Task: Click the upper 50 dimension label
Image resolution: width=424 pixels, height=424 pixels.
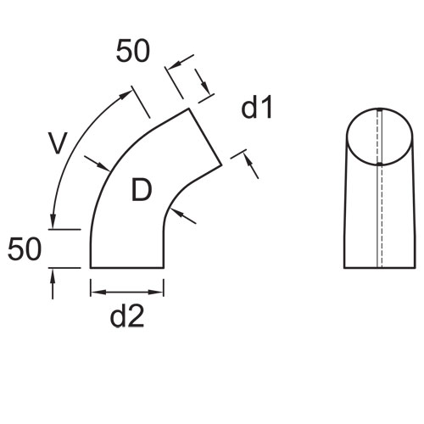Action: (133, 51)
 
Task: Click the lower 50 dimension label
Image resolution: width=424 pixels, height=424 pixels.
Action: (25, 249)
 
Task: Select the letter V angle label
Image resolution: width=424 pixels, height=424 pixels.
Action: (58, 142)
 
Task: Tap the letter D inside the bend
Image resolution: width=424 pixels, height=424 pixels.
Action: (142, 190)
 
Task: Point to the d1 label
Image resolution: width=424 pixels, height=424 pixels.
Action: (257, 108)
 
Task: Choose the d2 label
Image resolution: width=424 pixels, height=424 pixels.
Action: (127, 316)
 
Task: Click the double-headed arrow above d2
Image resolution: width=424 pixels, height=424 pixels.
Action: (127, 292)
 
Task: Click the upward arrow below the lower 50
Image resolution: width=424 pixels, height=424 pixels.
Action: (53, 284)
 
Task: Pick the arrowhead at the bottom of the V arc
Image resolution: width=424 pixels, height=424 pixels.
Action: (53, 220)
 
